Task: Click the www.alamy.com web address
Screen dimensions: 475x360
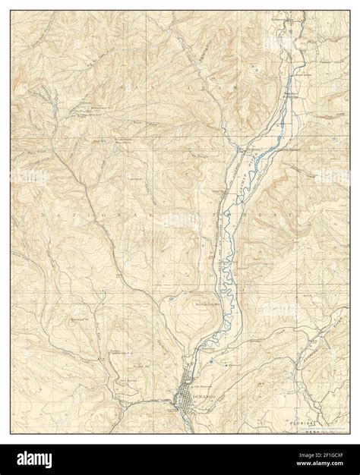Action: [318, 465]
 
